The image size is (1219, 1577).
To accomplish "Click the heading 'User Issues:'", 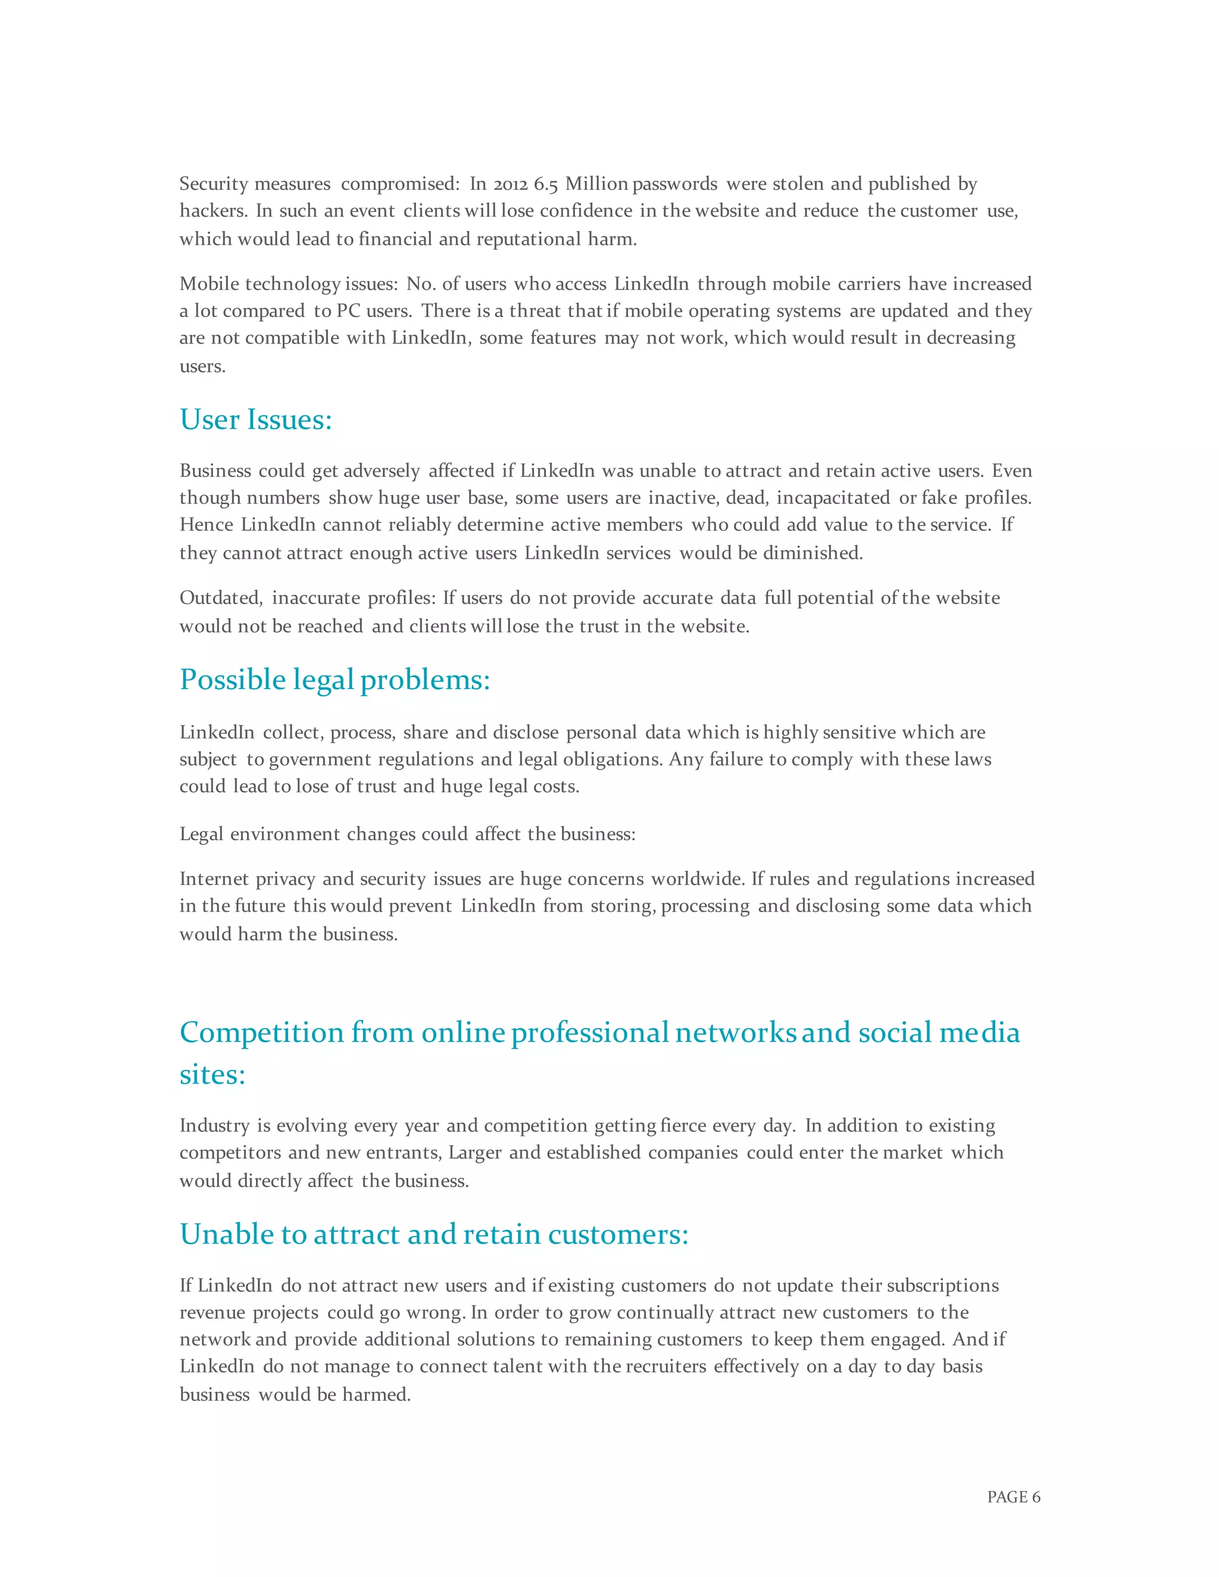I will point(255,420).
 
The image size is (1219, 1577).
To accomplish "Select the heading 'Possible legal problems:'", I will point(335,680).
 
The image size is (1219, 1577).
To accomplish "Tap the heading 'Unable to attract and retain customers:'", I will point(433,1234).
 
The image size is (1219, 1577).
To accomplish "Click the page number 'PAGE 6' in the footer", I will point(1013,1497).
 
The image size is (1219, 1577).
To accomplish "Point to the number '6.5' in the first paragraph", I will point(545,184).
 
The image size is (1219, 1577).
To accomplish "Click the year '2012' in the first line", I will point(511,184).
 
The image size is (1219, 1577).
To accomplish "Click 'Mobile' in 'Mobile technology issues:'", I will point(210,284).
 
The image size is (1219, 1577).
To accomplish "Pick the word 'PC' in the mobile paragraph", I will point(348,311).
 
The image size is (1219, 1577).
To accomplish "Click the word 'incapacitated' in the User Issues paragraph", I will point(833,498).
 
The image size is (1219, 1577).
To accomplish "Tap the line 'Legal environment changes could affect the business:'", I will point(407,834).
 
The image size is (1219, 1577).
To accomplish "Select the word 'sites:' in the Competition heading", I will point(212,1074).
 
